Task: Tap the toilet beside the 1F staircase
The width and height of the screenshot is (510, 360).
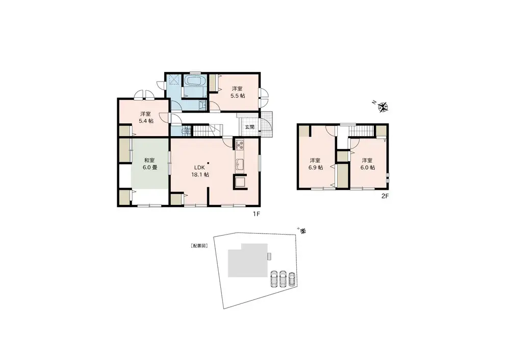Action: click(187, 131)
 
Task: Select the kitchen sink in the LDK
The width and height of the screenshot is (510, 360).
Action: click(240, 165)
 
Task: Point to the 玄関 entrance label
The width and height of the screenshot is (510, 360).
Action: click(249, 127)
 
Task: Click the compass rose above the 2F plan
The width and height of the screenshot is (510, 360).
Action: click(384, 107)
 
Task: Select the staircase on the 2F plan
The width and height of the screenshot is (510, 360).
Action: click(361, 132)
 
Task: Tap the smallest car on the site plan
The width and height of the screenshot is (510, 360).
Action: click(292, 278)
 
